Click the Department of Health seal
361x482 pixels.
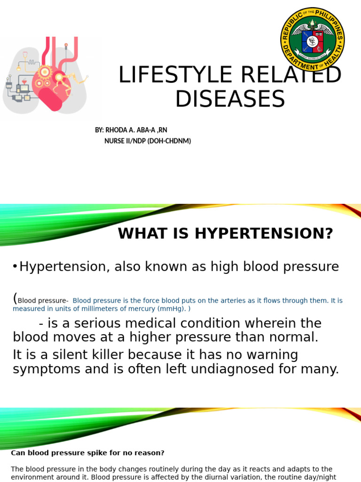(x=313, y=40)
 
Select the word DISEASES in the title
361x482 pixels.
(x=230, y=99)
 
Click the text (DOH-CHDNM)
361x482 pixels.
(x=170, y=141)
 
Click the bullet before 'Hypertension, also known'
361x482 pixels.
(x=15, y=267)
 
